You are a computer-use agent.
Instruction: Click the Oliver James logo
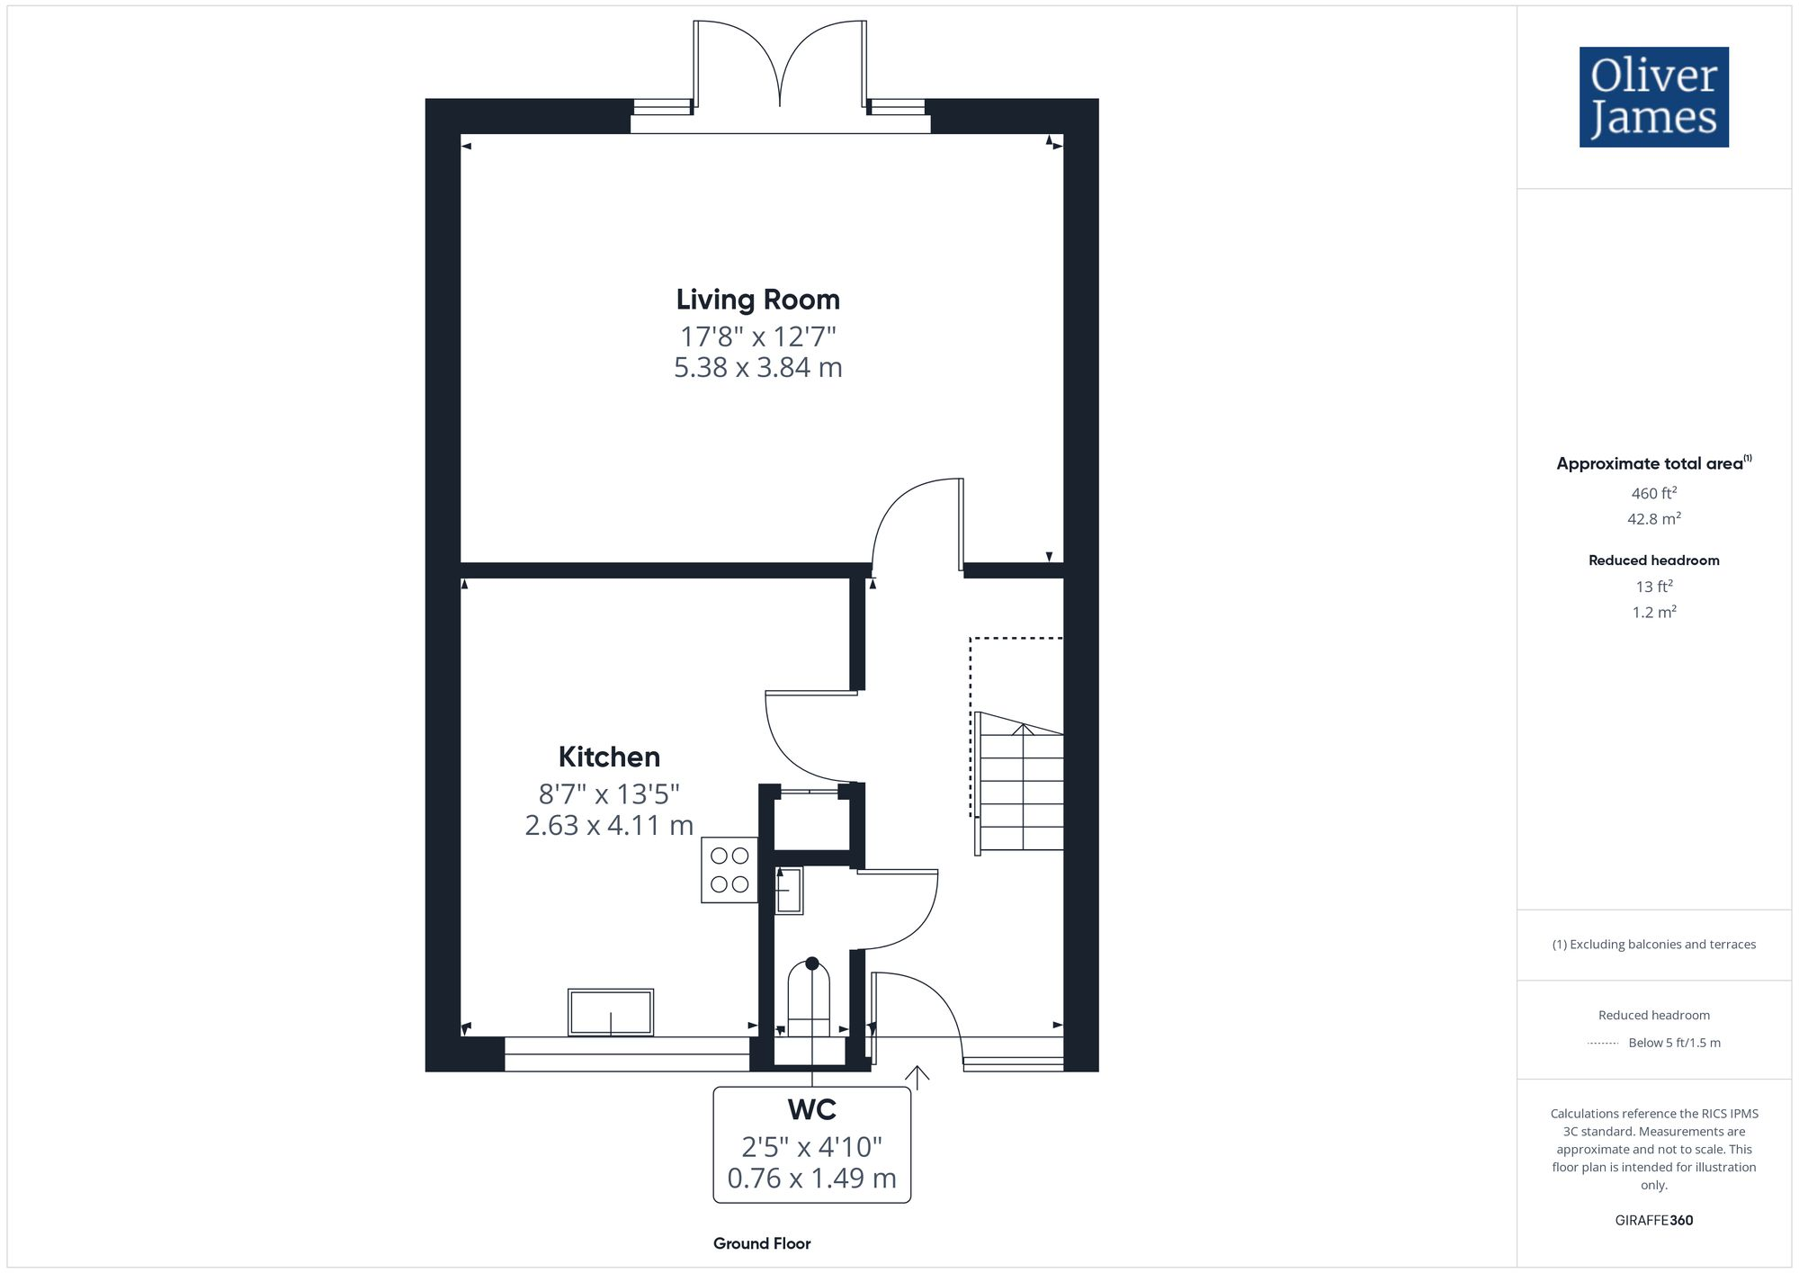pyautogui.click(x=1653, y=97)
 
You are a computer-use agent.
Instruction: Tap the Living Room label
pyautogui.click(x=757, y=300)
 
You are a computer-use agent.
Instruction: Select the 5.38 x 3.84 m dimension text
pyautogui.click(x=757, y=367)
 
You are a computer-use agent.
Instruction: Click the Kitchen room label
pyautogui.click(x=609, y=757)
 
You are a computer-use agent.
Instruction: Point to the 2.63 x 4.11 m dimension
pyautogui.click(x=609, y=825)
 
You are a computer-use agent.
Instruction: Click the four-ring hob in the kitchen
pyautogui.click(x=729, y=870)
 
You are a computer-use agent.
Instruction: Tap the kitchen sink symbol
pyautogui.click(x=611, y=1012)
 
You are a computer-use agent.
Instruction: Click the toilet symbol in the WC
pyautogui.click(x=809, y=999)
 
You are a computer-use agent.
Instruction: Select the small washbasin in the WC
pyautogui.click(x=789, y=890)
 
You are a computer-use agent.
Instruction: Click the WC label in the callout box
pyautogui.click(x=811, y=1110)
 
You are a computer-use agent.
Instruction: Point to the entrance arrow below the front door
pyautogui.click(x=917, y=1076)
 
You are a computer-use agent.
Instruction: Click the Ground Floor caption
pyautogui.click(x=762, y=1243)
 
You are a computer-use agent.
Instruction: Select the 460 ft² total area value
pyautogui.click(x=1653, y=493)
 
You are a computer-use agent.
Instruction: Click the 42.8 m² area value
pyautogui.click(x=1653, y=519)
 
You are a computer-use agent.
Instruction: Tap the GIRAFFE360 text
pyautogui.click(x=1653, y=1221)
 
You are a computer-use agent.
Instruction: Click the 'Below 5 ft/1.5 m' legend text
pyautogui.click(x=1674, y=1043)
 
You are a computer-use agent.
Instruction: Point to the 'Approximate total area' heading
pyautogui.click(x=1650, y=463)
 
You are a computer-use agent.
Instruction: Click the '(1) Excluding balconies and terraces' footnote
pyautogui.click(x=1653, y=945)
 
